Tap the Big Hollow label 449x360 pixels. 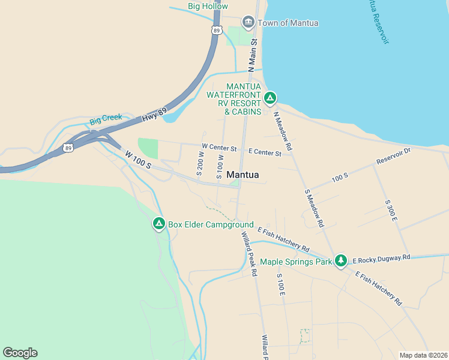208,6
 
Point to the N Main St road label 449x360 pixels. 253,52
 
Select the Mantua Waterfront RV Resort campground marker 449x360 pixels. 270,97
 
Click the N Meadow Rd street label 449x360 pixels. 283,131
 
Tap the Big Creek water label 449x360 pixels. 106,118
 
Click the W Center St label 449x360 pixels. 220,146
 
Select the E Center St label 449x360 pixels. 265,153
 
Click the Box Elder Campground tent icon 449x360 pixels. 158,224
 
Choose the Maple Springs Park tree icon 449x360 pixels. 341,260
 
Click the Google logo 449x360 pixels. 20,353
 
